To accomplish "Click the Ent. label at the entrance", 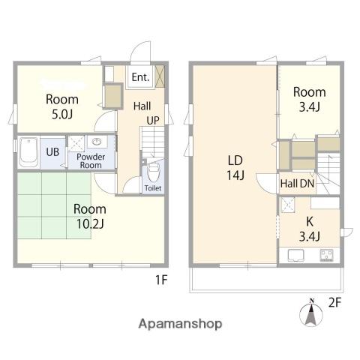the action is coord(140,77).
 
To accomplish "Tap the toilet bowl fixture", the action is coord(153,172).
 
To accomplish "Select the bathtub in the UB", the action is coord(28,152).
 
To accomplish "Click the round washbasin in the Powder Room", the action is coord(97,142).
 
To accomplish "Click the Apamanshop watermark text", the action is coord(180,324).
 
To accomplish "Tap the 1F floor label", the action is coord(161,280).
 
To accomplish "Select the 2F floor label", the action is coord(334,303).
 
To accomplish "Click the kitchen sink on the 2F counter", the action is coord(295,255).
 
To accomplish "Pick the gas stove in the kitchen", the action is coord(326,255).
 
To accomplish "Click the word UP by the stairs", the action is coord(153,121).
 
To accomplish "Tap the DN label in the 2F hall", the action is coord(307,184).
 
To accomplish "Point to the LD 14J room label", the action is coord(235,168).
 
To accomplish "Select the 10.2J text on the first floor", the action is coord(90,224).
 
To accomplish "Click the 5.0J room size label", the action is coord(62,115).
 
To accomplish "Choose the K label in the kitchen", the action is coord(310,221).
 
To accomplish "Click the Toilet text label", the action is coord(153,188).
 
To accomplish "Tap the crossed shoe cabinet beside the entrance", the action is coord(160,76).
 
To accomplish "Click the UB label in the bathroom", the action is coord(52,151).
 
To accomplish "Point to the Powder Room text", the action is coord(91,161).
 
